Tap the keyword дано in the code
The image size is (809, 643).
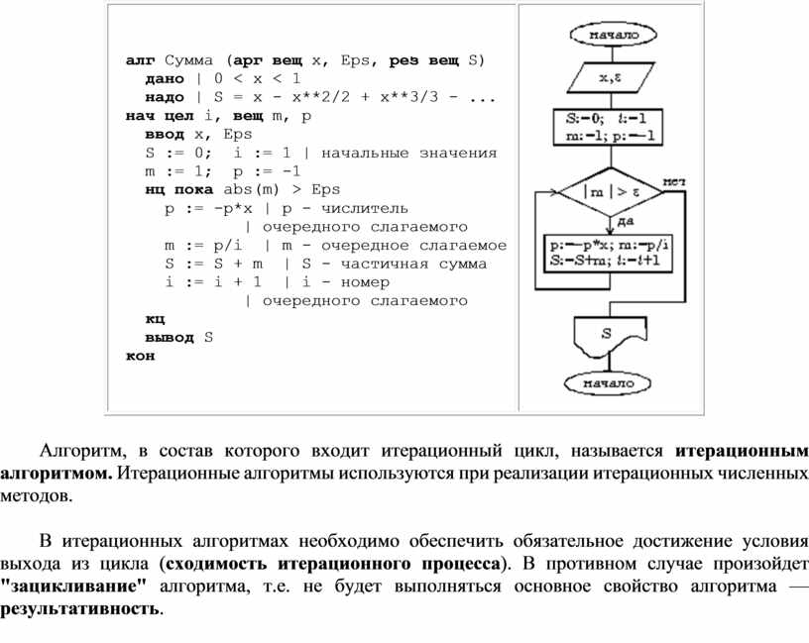[164, 78]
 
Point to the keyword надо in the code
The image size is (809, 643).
[164, 97]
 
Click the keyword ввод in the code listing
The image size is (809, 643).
[164, 134]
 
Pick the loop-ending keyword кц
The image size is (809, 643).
[154, 319]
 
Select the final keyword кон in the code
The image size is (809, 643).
[140, 356]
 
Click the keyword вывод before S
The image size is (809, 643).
[169, 337]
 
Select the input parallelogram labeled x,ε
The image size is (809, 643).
[610, 76]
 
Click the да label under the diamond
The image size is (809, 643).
[625, 221]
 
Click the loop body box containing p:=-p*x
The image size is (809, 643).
[610, 253]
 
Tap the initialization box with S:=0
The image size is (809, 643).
[610, 128]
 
